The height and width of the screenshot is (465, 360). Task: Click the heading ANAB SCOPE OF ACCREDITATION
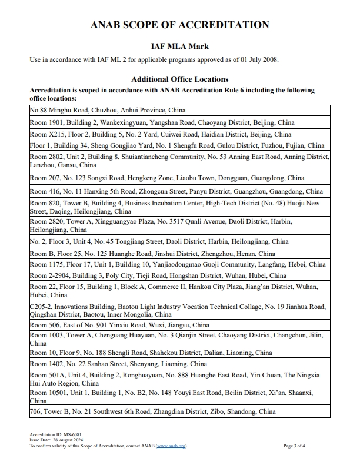[x=180, y=25]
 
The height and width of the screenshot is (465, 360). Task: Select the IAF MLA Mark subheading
[x=180, y=46]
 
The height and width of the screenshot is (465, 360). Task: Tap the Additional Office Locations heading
[x=180, y=79]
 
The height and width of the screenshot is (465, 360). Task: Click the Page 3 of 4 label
[x=294, y=446]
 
